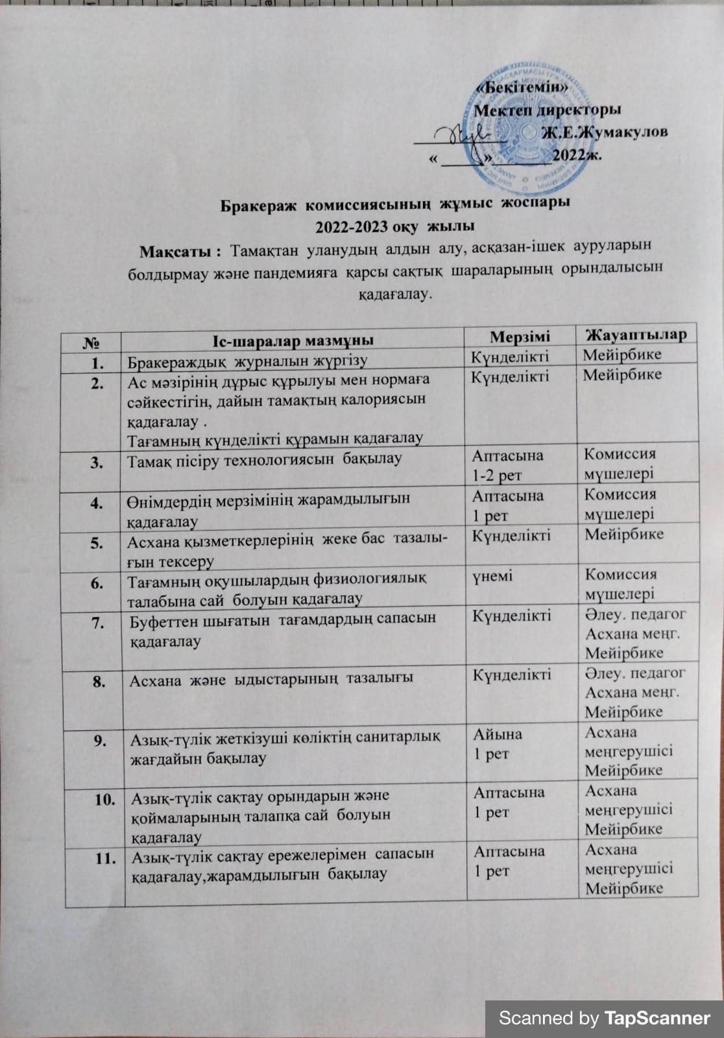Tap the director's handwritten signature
pos(465,134)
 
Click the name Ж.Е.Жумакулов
pos(605,132)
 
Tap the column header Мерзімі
pos(520,335)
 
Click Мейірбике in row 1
pos(621,355)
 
